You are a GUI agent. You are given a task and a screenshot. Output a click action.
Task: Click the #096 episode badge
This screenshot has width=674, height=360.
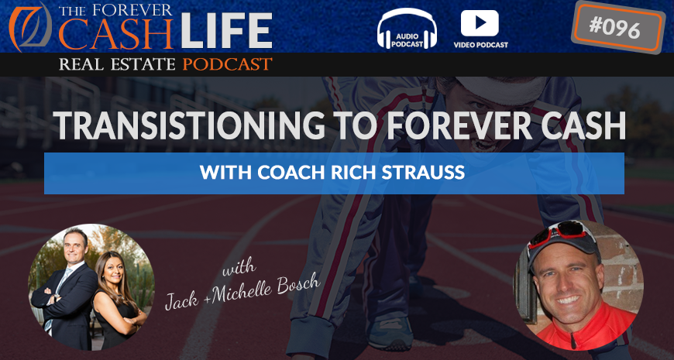[x=617, y=28]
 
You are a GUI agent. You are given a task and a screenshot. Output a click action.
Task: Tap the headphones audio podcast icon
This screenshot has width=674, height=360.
[x=407, y=28]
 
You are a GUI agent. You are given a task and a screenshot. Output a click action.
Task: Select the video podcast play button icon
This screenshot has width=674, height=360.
[x=480, y=23]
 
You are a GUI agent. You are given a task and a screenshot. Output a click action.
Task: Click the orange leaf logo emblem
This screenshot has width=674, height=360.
[x=30, y=26]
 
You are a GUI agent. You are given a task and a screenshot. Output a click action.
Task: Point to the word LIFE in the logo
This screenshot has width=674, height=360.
[x=226, y=31]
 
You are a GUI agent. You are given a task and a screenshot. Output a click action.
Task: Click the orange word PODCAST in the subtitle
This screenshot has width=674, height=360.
[x=227, y=64]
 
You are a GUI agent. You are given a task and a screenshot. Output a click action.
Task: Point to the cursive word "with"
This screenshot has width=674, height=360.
[x=239, y=269]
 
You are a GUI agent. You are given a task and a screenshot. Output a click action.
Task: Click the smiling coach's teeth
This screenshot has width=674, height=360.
[x=569, y=299]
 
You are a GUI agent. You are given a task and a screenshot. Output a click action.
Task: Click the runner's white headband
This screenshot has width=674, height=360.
[x=500, y=88]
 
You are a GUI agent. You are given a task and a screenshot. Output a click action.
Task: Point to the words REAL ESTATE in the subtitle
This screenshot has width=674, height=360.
[x=117, y=64]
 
